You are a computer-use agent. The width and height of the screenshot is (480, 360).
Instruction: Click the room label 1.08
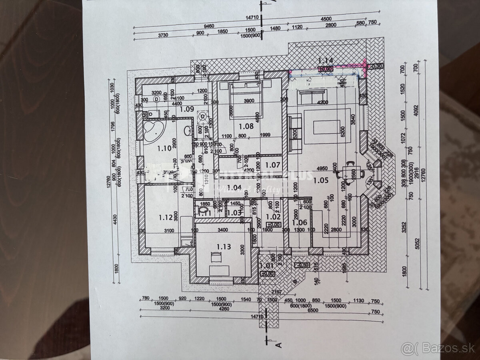[246, 126]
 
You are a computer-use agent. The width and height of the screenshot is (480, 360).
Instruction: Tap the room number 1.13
[224, 246]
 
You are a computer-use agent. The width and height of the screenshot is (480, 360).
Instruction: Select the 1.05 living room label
[321, 180]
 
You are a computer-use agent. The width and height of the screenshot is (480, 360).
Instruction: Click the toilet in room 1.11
[204, 210]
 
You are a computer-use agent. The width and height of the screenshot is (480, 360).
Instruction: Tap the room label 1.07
[272, 164]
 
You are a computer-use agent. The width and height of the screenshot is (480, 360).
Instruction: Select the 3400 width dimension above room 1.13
[223, 230]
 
